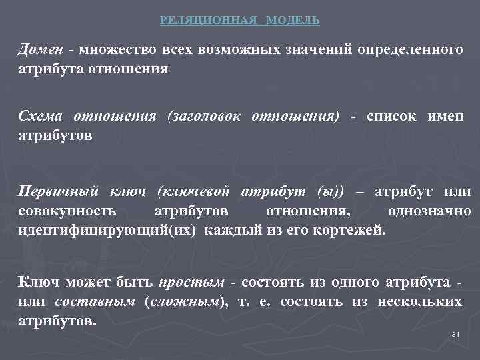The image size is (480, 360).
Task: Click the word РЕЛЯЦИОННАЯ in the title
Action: pos(209,21)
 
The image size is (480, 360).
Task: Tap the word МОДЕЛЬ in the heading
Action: pos(293,21)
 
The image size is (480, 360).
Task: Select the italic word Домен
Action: pos(41,51)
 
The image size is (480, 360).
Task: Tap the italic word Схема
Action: pos(41,117)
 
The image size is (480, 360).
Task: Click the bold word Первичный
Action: pos(58,192)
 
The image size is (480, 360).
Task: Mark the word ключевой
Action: pos(194,192)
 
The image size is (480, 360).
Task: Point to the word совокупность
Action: pos(66,211)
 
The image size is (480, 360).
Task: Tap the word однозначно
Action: pos(429,211)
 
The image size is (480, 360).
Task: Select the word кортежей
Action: pos(353,231)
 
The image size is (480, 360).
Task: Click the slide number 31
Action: pos(456,334)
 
